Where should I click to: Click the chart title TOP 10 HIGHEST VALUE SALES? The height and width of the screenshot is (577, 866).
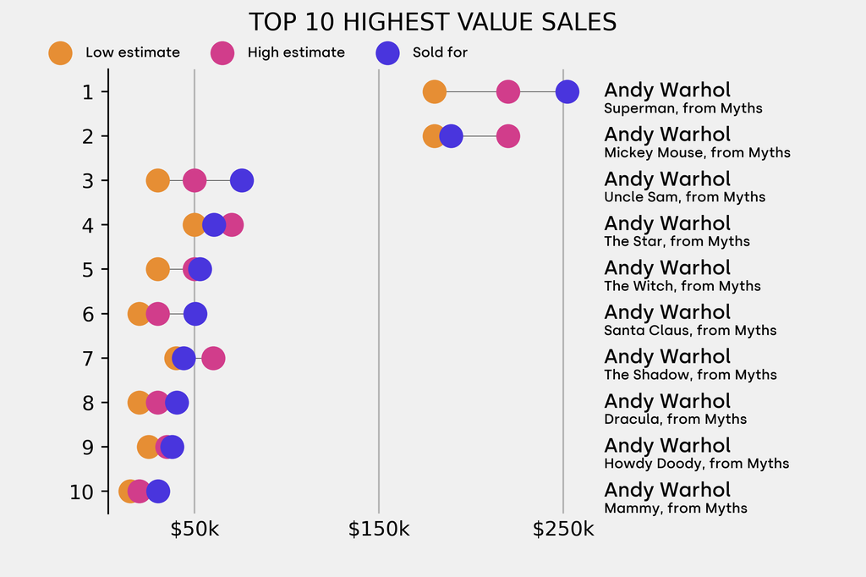432,22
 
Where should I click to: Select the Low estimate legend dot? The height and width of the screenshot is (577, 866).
60,52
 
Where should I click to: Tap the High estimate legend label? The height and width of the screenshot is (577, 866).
296,52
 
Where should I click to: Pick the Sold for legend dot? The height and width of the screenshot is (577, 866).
386,52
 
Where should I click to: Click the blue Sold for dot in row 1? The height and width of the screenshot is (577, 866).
567,91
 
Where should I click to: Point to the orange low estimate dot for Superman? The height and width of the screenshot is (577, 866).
434,91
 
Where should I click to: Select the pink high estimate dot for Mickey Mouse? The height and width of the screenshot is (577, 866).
507,135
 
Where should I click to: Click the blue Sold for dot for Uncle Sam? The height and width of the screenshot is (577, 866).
242,180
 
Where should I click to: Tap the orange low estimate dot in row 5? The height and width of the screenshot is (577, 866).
158,269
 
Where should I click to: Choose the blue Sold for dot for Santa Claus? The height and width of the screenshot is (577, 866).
195,314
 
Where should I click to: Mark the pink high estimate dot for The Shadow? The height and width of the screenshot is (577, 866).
213,358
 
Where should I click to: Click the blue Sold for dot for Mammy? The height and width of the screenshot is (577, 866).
157,491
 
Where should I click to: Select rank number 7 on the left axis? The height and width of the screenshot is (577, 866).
88,358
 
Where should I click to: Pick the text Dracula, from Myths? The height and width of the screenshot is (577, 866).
675,419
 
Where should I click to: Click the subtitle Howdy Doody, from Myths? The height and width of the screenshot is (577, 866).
696,464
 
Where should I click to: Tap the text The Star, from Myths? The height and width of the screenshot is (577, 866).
677,241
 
